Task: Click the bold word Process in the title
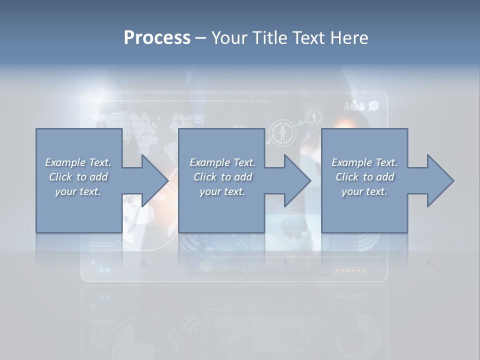tap(157, 37)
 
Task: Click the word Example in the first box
tap(65, 162)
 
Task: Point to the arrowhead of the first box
tap(155, 180)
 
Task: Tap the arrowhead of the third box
tap(440, 180)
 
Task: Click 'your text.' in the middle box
tap(222, 191)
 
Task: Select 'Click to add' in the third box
tap(364, 177)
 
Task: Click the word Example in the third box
tap(351, 162)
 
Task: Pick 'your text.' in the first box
tap(77, 191)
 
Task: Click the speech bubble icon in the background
tap(373, 105)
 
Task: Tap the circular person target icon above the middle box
tap(283, 133)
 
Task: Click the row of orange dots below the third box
tap(350, 270)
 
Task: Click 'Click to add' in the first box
tap(78, 177)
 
